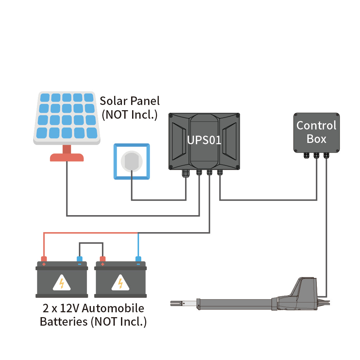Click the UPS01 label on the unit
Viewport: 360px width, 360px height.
(x=204, y=140)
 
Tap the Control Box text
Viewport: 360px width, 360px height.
(x=316, y=132)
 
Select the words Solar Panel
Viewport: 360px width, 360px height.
(x=129, y=101)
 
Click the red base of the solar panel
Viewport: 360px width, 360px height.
(x=67, y=157)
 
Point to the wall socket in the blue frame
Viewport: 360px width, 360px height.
(x=131, y=162)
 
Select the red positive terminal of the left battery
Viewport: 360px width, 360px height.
(x=44, y=259)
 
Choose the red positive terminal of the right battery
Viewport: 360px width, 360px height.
(x=103, y=259)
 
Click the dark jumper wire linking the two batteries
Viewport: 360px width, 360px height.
(x=91, y=243)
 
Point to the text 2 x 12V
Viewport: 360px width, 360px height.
(x=61, y=308)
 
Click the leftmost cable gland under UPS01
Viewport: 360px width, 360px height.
(x=186, y=173)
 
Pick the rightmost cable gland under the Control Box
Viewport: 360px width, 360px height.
(x=326, y=155)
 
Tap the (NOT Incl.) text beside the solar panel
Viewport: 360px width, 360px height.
(x=129, y=115)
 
